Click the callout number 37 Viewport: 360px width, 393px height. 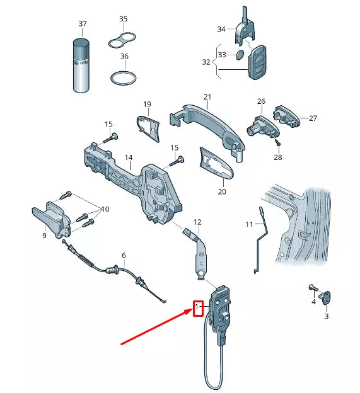pyautogui.click(x=82, y=24)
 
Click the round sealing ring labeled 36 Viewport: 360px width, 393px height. pyautogui.click(x=123, y=80)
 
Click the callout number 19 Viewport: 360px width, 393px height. pyautogui.click(x=147, y=104)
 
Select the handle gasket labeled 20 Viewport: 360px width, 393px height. pyautogui.click(x=215, y=161)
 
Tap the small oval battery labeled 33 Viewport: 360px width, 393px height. pyautogui.click(x=240, y=56)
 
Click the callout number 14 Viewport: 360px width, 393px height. pyautogui.click(x=128, y=157)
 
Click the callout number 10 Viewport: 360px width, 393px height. pyautogui.click(x=105, y=208)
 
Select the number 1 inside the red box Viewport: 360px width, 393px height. pyautogui.click(x=197, y=307)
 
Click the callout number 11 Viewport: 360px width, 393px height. pyautogui.click(x=250, y=224)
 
